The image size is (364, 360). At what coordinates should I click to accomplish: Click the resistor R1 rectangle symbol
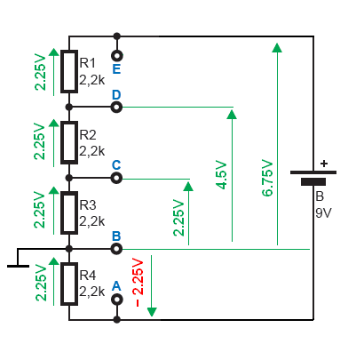(x=69, y=71)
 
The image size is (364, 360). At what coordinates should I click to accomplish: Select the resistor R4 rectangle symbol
(x=69, y=284)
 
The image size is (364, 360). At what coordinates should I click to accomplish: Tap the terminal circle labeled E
(x=117, y=56)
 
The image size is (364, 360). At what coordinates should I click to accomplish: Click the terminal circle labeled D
(x=116, y=107)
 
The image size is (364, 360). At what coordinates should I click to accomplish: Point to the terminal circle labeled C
(x=116, y=178)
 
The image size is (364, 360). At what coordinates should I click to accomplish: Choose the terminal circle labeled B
(x=116, y=249)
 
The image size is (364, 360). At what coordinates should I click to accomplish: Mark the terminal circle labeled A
(x=117, y=300)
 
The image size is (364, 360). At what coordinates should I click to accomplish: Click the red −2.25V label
(x=138, y=283)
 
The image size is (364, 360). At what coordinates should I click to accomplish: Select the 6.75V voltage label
(x=267, y=178)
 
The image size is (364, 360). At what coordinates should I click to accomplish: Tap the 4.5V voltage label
(x=221, y=175)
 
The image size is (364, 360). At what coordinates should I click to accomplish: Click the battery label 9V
(x=323, y=213)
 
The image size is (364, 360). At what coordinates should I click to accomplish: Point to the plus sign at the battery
(x=324, y=164)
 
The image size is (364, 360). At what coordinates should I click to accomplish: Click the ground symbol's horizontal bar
(x=18, y=266)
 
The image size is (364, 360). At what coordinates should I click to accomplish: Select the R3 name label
(x=88, y=205)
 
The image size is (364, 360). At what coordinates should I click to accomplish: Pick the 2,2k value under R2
(x=92, y=151)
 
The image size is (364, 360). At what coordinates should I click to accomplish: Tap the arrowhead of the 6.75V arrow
(x=277, y=47)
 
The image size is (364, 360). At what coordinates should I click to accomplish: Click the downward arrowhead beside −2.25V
(x=152, y=312)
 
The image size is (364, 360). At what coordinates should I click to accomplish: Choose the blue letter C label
(x=116, y=165)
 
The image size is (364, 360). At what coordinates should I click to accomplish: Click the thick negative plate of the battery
(x=313, y=181)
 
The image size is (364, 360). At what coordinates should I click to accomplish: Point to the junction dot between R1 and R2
(x=69, y=107)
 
